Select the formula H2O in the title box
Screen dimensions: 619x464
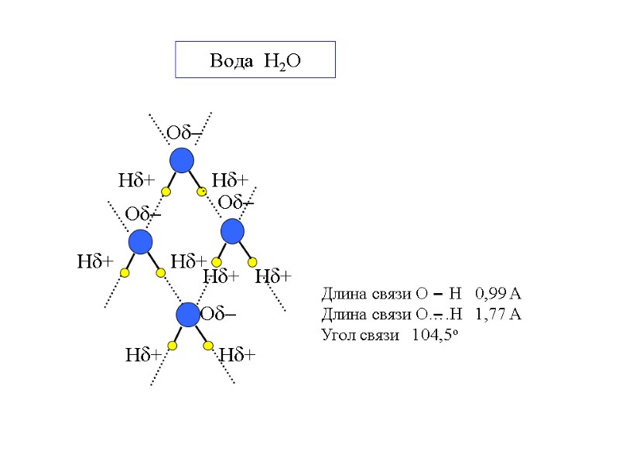point(277,62)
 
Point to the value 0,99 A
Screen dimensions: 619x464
point(499,293)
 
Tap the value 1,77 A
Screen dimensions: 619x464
point(499,314)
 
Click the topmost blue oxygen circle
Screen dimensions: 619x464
point(182,161)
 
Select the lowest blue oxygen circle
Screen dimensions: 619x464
point(188,315)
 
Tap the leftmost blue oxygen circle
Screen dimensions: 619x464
point(141,242)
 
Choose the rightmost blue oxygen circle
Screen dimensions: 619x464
point(232,231)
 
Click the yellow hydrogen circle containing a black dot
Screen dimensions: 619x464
point(201,190)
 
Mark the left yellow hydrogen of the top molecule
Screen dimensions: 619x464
point(166,191)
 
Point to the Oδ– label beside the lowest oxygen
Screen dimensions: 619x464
point(218,315)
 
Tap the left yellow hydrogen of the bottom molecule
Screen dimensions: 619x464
point(172,346)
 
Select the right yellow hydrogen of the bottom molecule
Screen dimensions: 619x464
point(208,345)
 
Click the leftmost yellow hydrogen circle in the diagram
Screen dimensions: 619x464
point(125,273)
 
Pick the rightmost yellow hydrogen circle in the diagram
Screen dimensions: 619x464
point(254,261)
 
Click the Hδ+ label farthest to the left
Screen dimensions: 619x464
point(95,262)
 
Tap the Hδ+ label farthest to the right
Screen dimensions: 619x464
point(273,276)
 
